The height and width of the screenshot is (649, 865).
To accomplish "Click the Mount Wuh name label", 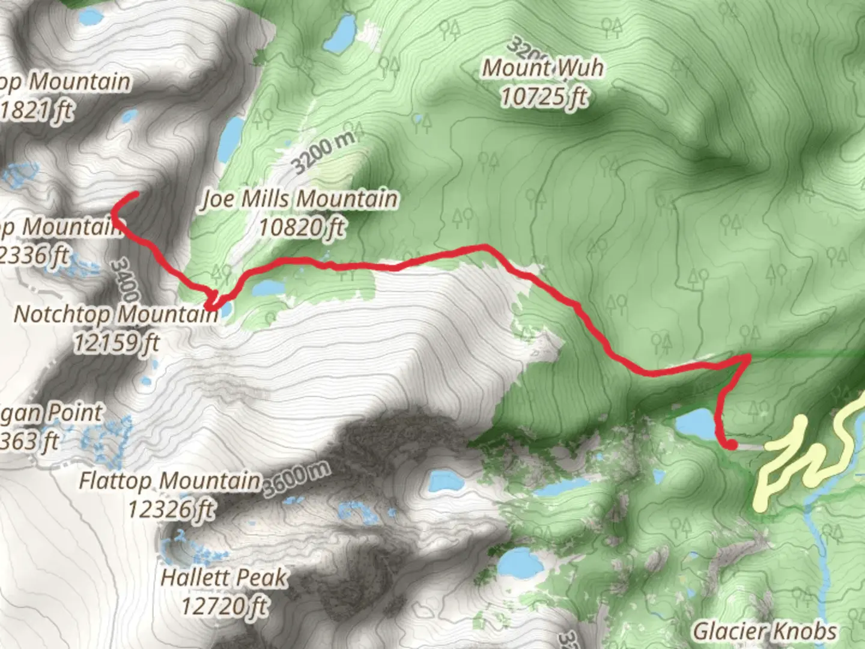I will tap(543, 68).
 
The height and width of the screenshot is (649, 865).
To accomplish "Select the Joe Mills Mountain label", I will tap(299, 198).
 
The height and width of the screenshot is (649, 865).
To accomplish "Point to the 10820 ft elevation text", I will tap(302, 227).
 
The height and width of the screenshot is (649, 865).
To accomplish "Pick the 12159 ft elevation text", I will tap(117, 343).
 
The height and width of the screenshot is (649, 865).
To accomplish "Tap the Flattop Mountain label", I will tap(171, 481).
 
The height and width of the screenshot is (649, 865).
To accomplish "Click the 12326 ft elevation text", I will tap(171, 509).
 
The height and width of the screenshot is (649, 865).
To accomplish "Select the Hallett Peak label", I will tap(223, 578).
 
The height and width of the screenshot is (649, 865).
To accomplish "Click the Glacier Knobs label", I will tap(765, 632).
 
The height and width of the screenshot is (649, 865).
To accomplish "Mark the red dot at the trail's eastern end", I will tap(732, 445).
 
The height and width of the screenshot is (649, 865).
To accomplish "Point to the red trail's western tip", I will tap(136, 194).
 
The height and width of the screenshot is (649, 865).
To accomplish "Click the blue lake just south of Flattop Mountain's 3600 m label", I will tap(443, 481).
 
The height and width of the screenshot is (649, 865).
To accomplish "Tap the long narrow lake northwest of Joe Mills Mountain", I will tap(231, 138).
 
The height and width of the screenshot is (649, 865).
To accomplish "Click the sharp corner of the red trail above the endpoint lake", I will tap(747, 358).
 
